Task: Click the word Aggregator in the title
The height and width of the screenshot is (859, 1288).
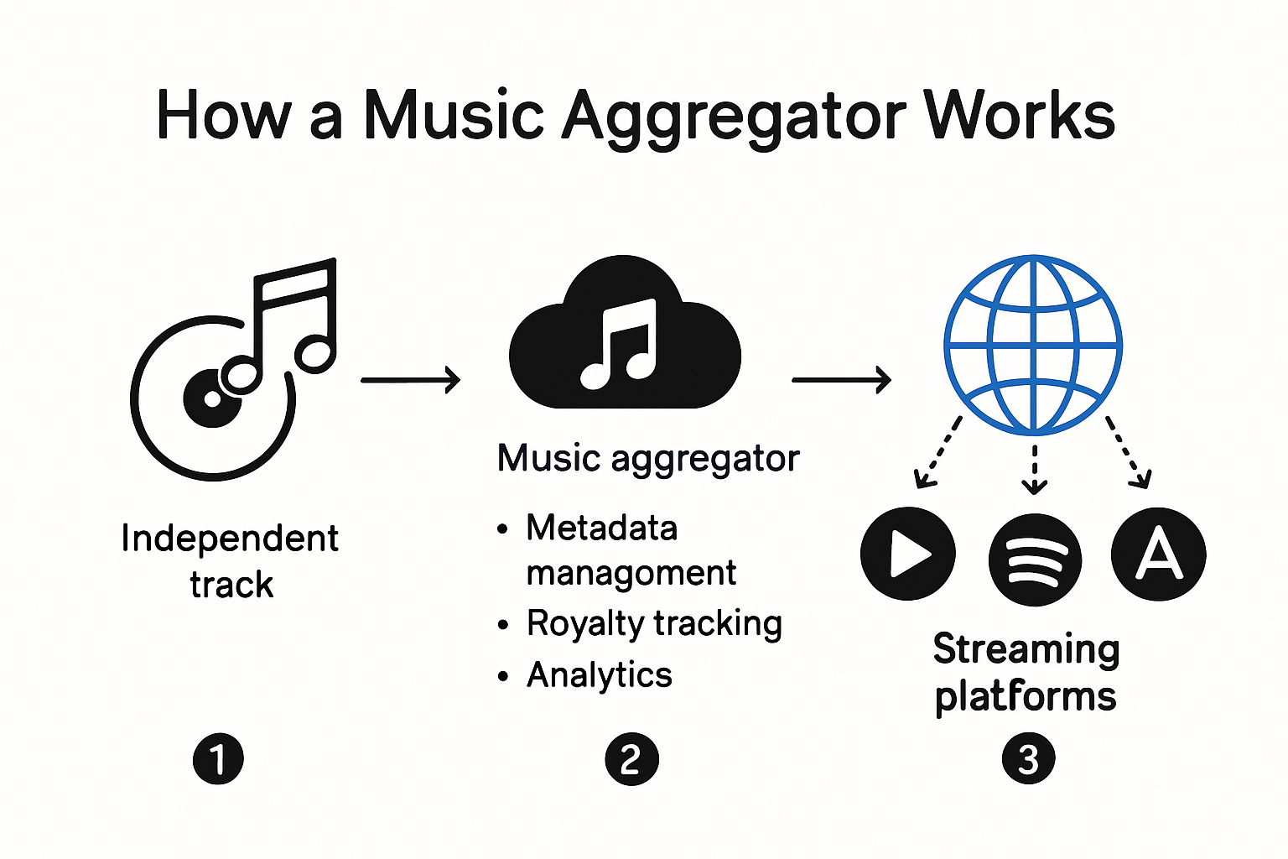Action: tap(734, 117)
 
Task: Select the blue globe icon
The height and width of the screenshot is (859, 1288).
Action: tap(1033, 344)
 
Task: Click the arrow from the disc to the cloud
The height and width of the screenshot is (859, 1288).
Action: tap(410, 380)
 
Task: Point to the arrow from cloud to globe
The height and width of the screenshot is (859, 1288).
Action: tap(841, 380)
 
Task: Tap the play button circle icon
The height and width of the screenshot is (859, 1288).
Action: tap(907, 554)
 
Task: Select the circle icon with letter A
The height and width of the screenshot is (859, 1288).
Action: tap(1158, 554)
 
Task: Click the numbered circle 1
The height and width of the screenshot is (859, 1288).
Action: tap(218, 759)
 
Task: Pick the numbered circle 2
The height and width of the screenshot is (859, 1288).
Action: tap(631, 759)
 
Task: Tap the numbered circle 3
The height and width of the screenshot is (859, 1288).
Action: tap(1028, 759)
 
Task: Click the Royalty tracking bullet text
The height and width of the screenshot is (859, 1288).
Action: tap(654, 624)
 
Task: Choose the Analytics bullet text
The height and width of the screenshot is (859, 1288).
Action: tap(600, 675)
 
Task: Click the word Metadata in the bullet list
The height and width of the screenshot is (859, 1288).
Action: tap(601, 528)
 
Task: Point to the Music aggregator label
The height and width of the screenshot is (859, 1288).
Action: tap(648, 459)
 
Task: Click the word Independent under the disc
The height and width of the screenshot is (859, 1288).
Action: tap(230, 539)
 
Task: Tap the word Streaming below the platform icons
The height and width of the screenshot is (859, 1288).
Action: tap(1026, 650)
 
